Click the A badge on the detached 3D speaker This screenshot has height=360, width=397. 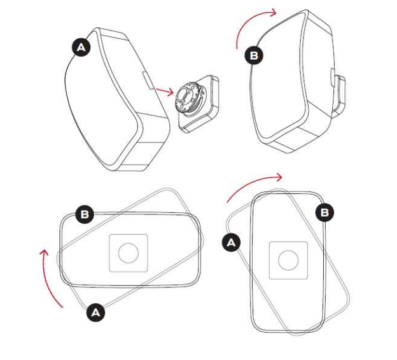point(81,47)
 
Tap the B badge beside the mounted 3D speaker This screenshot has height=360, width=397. point(254,55)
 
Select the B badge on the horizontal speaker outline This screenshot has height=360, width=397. point(85,214)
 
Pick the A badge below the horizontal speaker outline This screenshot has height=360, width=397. point(95,312)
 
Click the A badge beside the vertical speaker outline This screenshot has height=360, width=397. point(231,242)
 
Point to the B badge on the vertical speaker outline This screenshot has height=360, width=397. point(324,212)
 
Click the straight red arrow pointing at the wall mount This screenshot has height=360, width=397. point(165,91)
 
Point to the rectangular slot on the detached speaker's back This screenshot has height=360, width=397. point(148,80)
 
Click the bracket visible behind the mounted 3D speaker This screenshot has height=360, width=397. point(339,95)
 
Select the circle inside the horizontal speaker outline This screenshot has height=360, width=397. point(129,253)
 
